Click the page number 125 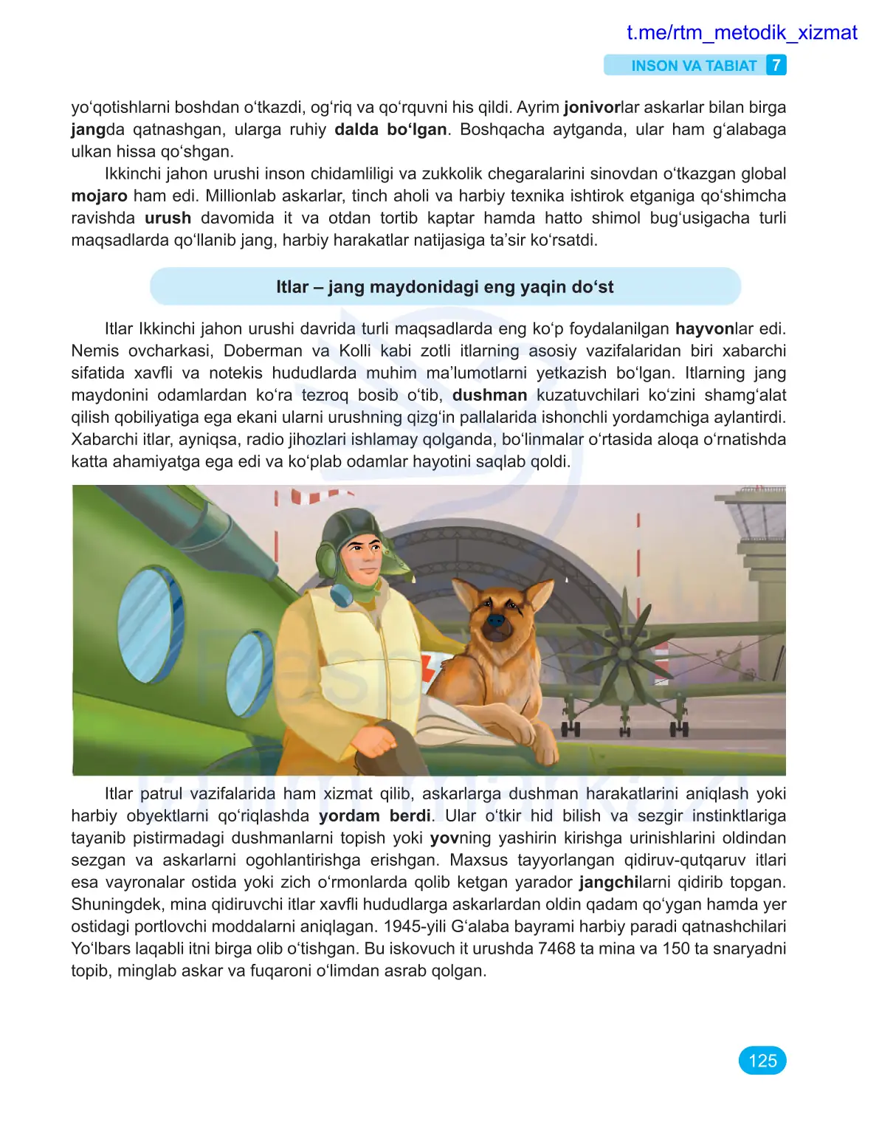click(x=762, y=1061)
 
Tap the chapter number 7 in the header click(x=776, y=66)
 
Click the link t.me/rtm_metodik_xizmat click(x=741, y=32)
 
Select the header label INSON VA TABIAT click(x=693, y=66)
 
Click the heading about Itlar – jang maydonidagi click(x=444, y=286)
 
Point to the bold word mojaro click(x=99, y=196)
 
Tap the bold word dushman click(x=489, y=395)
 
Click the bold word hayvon click(x=704, y=328)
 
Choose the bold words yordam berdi click(x=375, y=816)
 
